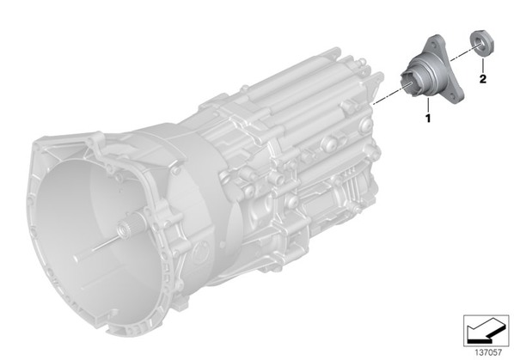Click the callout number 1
[427, 118]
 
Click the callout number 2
[482, 79]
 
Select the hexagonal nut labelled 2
[482, 44]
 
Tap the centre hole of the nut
[479, 43]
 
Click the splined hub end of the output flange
[408, 83]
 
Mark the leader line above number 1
[428, 105]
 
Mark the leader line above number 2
[482, 64]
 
